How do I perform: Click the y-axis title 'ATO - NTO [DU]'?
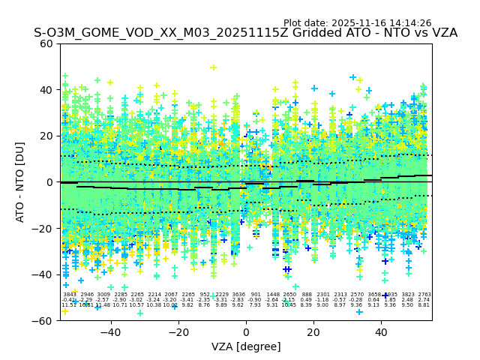(20, 182)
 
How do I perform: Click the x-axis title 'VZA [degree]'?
(246, 346)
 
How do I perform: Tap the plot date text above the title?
(357, 23)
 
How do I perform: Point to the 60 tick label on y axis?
(46, 43)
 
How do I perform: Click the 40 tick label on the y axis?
(46, 90)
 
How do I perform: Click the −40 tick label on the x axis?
(110, 331)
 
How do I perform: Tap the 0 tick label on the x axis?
(246, 331)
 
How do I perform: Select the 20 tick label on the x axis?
(314, 331)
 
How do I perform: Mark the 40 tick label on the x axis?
(382, 331)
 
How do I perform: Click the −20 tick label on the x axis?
(178, 331)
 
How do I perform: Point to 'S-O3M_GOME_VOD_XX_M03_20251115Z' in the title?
(142, 34)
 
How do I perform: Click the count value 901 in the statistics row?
(255, 295)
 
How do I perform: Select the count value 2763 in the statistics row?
(424, 295)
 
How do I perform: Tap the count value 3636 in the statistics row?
(238, 295)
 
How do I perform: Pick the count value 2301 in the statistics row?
(323, 295)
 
